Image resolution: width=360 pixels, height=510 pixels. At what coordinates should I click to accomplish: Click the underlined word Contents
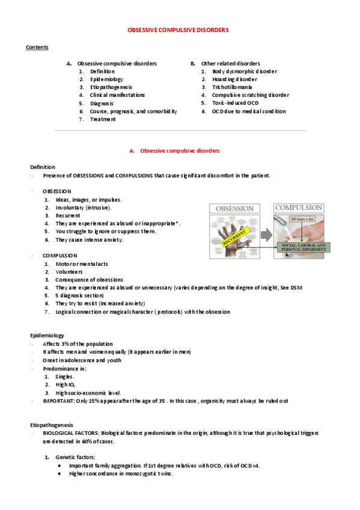coord(37,47)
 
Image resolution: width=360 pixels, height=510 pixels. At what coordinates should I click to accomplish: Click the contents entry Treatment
coord(103,119)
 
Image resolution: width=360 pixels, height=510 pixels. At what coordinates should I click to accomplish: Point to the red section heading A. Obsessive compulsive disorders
coord(179,150)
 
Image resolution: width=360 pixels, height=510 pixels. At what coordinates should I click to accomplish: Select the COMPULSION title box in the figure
coord(299,207)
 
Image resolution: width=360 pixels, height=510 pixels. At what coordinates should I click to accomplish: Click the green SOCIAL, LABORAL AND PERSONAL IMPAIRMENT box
coord(297,248)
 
